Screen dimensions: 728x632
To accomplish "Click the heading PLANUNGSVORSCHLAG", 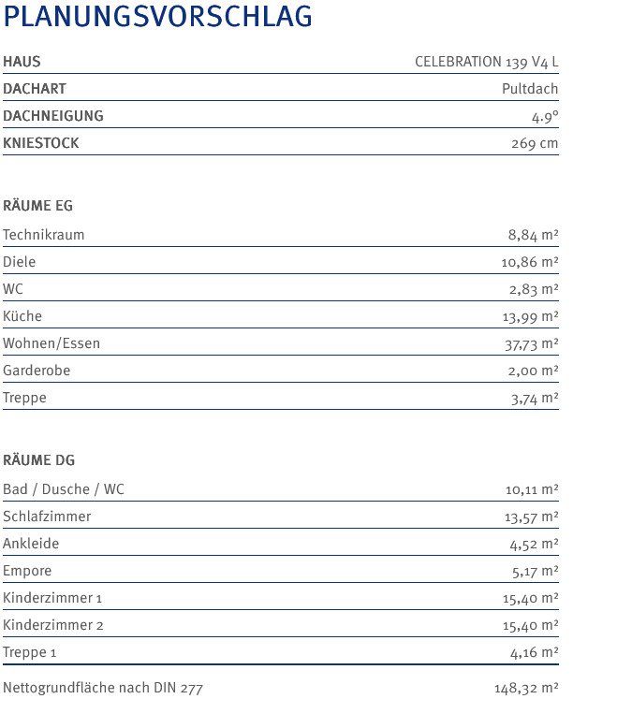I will click(x=158, y=18).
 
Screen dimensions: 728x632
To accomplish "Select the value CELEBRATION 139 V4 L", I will click(x=486, y=63).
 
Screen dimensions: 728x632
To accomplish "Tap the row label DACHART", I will click(x=35, y=89).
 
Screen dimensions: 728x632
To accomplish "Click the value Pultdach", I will click(x=530, y=90).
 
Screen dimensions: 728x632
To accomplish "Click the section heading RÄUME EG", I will click(x=38, y=206).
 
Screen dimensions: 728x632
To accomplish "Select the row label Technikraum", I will click(x=44, y=235).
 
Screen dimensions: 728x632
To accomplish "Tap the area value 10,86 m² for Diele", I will click(x=530, y=263).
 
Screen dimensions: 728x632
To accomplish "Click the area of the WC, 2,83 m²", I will click(x=534, y=290).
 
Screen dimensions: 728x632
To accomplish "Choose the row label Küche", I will click(x=22, y=316).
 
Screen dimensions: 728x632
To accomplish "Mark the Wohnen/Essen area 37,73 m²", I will click(x=531, y=344).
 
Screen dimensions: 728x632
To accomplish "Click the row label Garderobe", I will click(x=37, y=371).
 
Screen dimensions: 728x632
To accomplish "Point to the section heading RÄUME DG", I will click(x=39, y=460).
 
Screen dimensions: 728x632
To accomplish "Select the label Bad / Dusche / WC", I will click(x=64, y=489).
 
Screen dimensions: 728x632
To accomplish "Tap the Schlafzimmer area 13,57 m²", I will click(x=531, y=517).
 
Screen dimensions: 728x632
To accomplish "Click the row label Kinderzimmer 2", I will click(x=53, y=625).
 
